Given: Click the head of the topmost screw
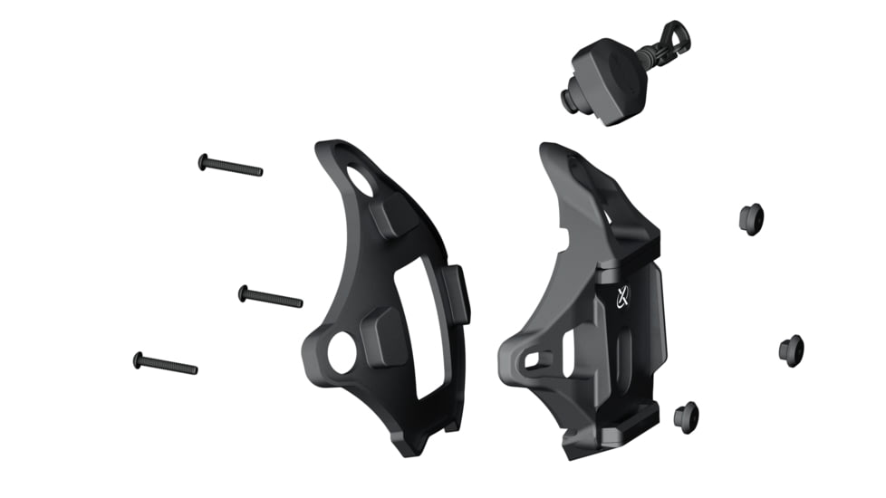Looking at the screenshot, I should (203, 161).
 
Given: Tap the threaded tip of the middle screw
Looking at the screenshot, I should (298, 302).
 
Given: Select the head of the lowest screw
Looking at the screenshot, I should (138, 359).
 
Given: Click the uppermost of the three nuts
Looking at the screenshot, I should (751, 218).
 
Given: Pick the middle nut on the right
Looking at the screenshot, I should (791, 350).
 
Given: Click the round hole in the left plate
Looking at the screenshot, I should (342, 353).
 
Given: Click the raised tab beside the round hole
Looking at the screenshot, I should (380, 335).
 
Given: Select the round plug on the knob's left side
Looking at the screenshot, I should (571, 101).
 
